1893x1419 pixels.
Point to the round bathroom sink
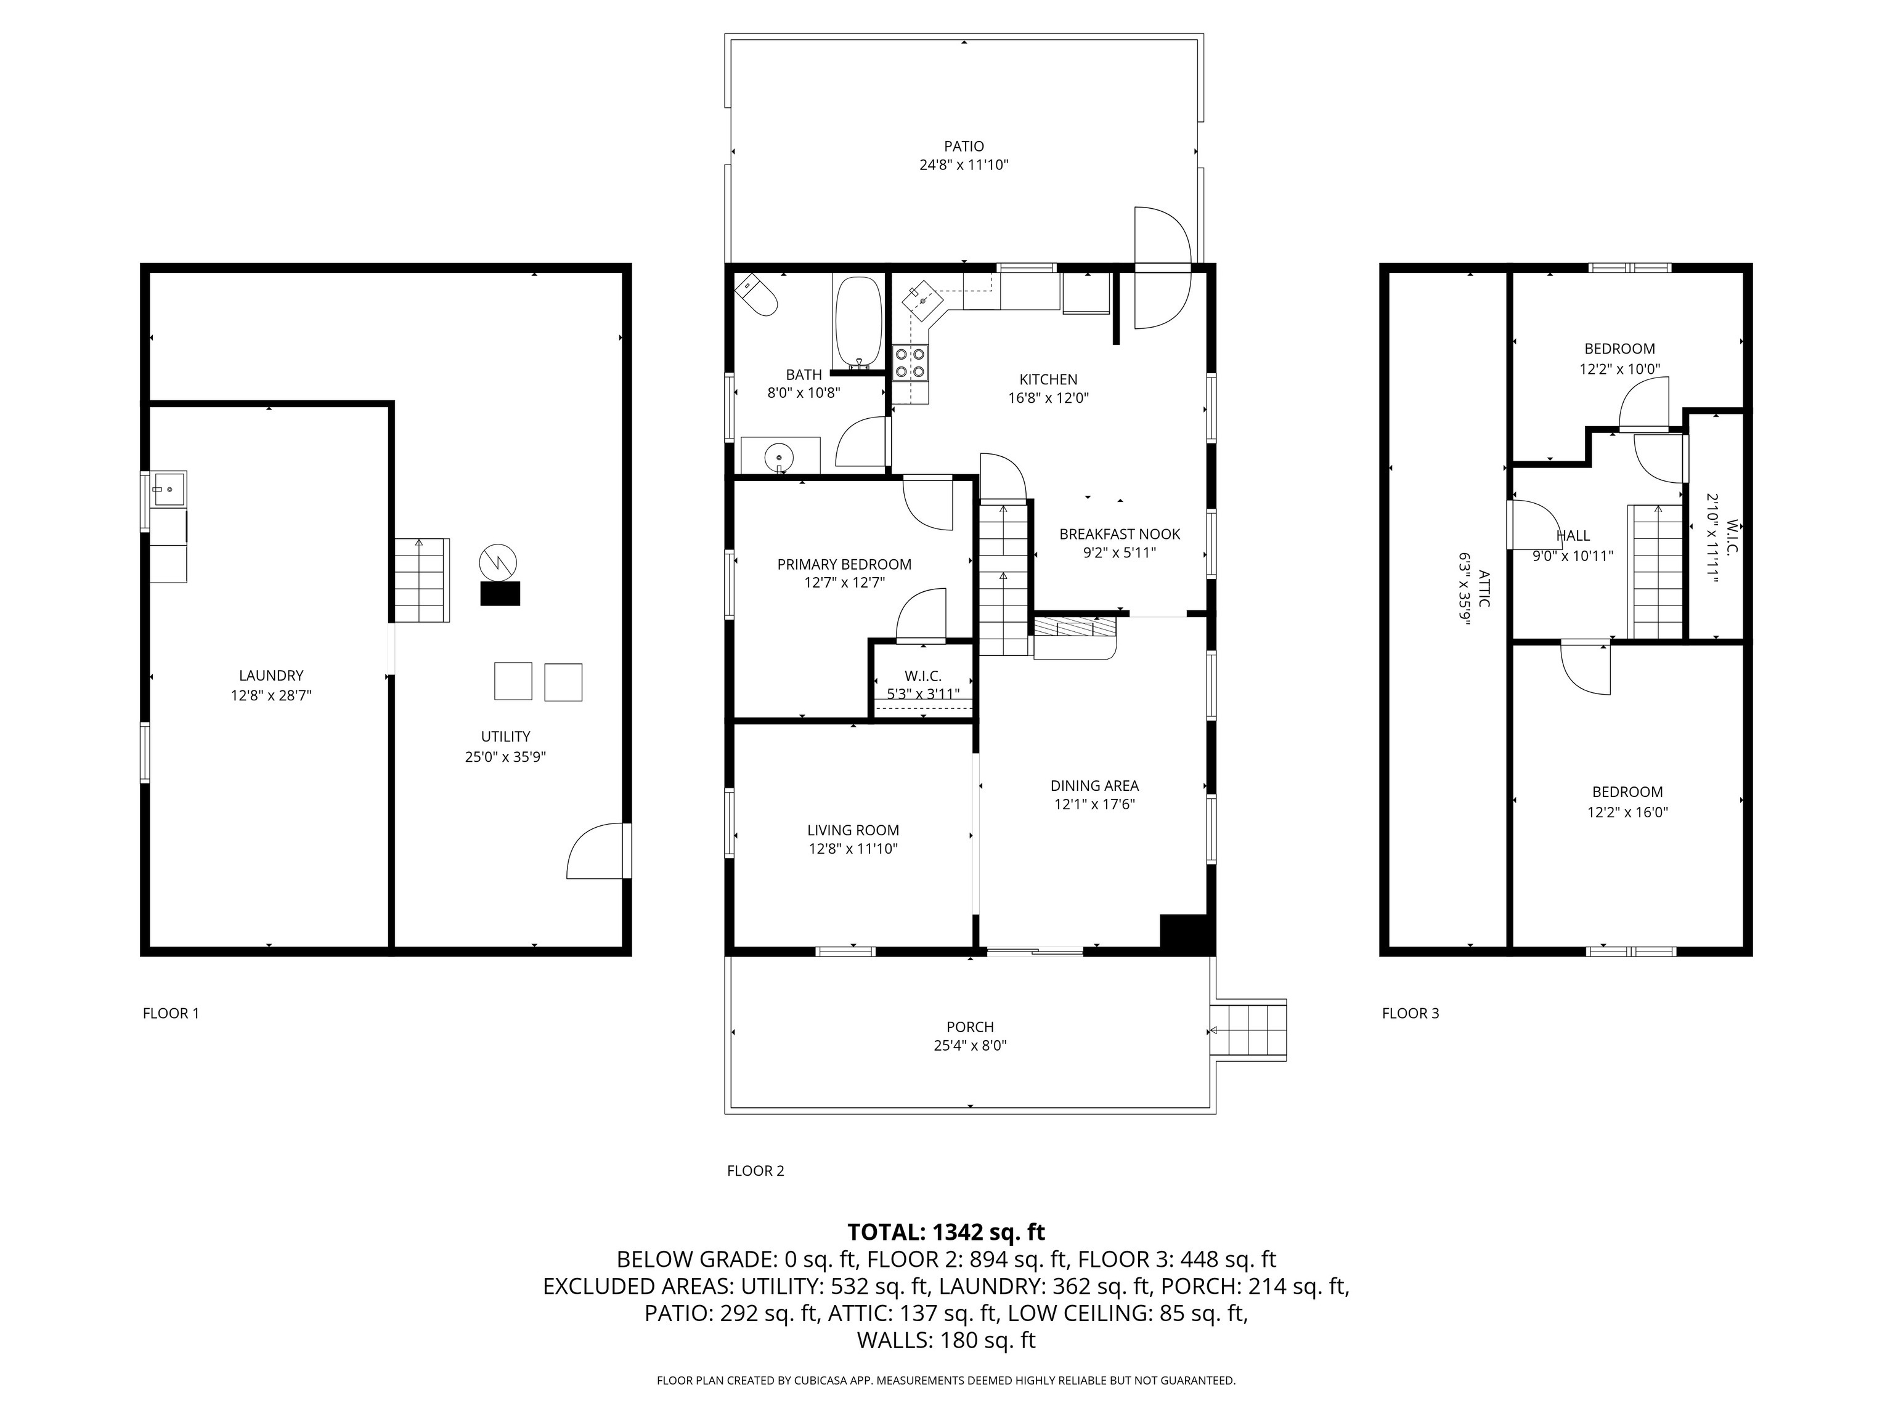tap(779, 458)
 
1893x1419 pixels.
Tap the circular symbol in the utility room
tap(498, 562)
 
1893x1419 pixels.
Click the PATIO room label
tap(964, 146)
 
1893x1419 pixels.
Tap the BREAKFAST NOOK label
tap(1120, 534)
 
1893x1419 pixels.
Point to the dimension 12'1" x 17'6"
tap(1094, 804)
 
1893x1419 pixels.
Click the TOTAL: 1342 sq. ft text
tap(946, 1232)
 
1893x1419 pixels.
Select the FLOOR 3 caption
tap(1411, 1013)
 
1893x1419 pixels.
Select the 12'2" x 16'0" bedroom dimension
tap(1627, 812)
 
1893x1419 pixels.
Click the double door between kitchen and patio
tap(1162, 268)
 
